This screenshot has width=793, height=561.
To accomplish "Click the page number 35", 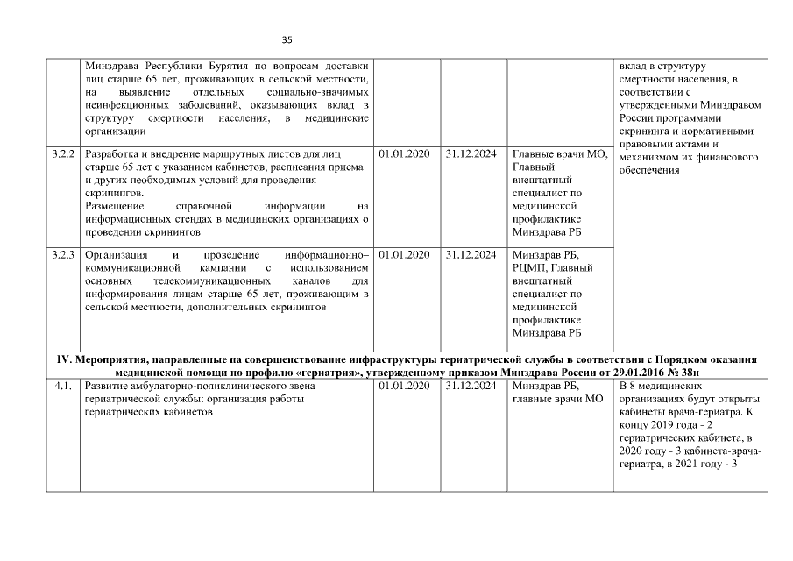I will (287, 39).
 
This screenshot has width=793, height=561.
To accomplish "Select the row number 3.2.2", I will (62, 154).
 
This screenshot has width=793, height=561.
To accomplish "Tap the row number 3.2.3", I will (62, 254).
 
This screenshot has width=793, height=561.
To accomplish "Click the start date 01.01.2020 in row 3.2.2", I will (404, 154).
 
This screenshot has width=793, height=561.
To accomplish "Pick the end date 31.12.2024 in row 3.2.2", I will (471, 154).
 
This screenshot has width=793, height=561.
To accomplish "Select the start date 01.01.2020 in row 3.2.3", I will (404, 254).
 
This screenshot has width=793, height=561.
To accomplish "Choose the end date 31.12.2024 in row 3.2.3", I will (471, 254).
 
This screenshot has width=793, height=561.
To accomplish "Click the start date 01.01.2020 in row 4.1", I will (404, 387).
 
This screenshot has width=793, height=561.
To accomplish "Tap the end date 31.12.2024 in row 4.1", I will (471, 387).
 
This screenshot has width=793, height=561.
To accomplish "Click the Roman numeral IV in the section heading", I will (63, 360).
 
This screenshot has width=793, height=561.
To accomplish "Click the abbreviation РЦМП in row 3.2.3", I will (531, 267).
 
